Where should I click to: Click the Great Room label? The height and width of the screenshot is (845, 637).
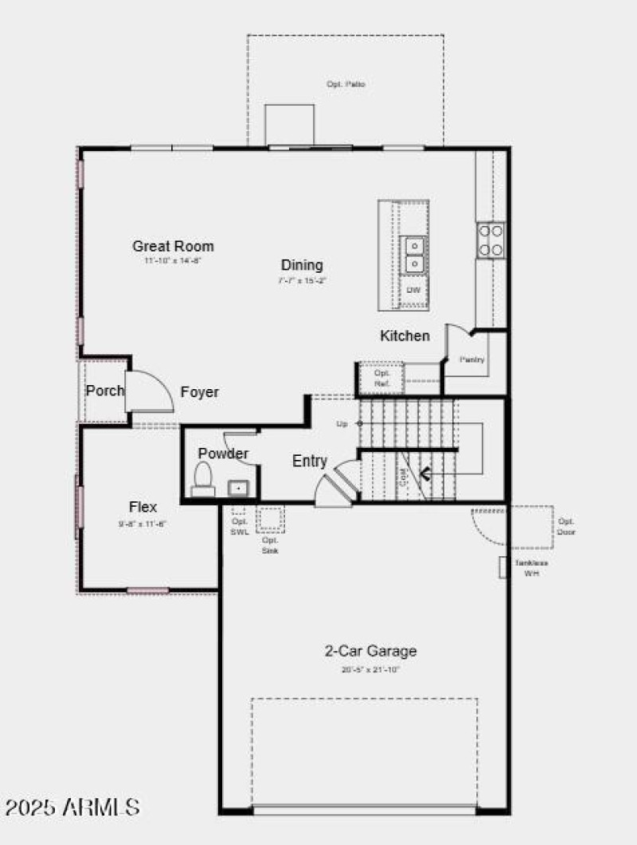click(x=173, y=246)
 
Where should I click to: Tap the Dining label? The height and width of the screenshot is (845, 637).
click(x=302, y=265)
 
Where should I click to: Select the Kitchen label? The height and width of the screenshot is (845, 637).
click(x=404, y=336)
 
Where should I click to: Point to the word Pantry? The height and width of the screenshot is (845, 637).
click(x=472, y=360)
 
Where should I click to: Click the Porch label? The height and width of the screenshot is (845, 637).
click(x=105, y=391)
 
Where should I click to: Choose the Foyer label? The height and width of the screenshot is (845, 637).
click(x=199, y=392)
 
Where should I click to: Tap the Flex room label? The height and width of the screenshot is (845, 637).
click(x=143, y=507)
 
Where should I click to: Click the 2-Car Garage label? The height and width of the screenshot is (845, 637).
click(x=370, y=651)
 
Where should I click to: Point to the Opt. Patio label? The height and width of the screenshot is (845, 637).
click(x=346, y=84)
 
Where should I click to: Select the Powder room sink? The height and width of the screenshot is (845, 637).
click(x=237, y=487)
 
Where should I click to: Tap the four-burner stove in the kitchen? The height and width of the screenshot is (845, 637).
click(x=490, y=239)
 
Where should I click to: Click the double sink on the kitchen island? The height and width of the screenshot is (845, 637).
click(x=414, y=254)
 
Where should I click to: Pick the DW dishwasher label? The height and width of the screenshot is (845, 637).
click(x=413, y=290)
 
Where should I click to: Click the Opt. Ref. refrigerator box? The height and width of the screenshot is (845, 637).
click(x=381, y=378)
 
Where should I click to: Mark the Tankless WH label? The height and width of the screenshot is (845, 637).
click(x=530, y=567)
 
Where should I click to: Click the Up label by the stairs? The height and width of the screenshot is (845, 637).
click(x=342, y=423)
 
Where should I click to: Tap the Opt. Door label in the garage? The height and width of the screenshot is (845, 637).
click(x=566, y=527)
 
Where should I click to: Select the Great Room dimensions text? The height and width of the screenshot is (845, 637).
click(x=173, y=261)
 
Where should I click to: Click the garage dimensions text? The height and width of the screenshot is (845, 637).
click(x=370, y=669)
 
